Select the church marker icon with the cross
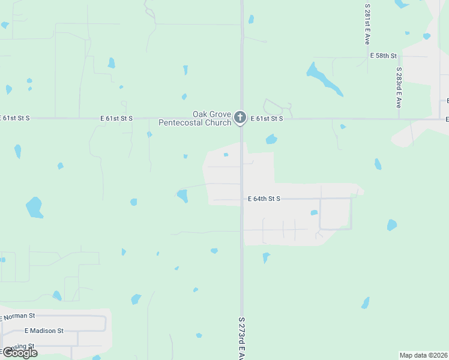(240, 118)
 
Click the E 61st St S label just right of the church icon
(267, 119)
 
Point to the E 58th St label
(384, 55)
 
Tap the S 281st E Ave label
(367, 24)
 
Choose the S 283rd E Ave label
(398, 87)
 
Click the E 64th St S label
(264, 199)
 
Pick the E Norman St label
(20, 315)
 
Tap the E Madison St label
(44, 331)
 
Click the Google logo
(19, 353)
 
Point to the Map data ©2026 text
(423, 355)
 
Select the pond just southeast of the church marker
(271, 140)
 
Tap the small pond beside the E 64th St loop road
(314, 212)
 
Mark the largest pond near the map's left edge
(34, 207)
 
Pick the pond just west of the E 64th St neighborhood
(182, 196)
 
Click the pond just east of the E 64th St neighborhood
(392, 225)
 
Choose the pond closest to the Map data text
(366, 303)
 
